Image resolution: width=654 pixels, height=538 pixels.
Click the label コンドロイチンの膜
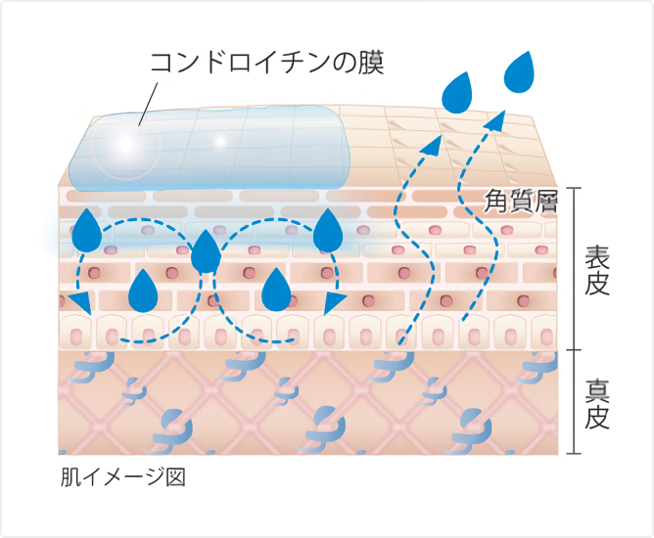pyautogui.click(x=266, y=64)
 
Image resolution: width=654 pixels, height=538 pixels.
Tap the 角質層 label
pyautogui.click(x=521, y=202)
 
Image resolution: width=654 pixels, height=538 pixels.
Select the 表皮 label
pyautogui.click(x=597, y=270)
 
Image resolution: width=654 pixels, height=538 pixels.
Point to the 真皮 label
pyautogui.click(x=597, y=404)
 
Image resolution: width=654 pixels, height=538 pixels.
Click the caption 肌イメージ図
pyautogui.click(x=123, y=477)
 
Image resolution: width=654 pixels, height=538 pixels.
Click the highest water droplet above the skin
pyautogui.click(x=519, y=72)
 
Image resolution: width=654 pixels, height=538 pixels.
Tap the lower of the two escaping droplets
pyautogui.click(x=457, y=93)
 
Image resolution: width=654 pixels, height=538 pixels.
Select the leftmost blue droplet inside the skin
pyautogui.click(x=87, y=231)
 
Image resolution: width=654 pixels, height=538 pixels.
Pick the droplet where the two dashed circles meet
pyautogui.click(x=206, y=251)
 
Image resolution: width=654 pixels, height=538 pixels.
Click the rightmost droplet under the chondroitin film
pyautogui.click(x=328, y=231)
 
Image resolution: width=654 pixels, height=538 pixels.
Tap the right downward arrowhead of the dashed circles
pyautogui.click(x=335, y=303)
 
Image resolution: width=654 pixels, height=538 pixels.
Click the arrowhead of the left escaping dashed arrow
pyautogui.click(x=433, y=146)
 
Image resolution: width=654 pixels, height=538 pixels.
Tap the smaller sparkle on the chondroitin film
pyautogui.click(x=220, y=141)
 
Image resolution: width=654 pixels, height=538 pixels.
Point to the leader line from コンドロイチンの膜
pyautogui.click(x=148, y=105)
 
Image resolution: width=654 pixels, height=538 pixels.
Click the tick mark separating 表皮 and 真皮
pyautogui.click(x=575, y=350)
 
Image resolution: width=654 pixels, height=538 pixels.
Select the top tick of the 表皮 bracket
pyautogui.click(x=575, y=188)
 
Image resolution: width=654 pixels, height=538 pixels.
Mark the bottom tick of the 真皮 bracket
pyautogui.click(x=575, y=453)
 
